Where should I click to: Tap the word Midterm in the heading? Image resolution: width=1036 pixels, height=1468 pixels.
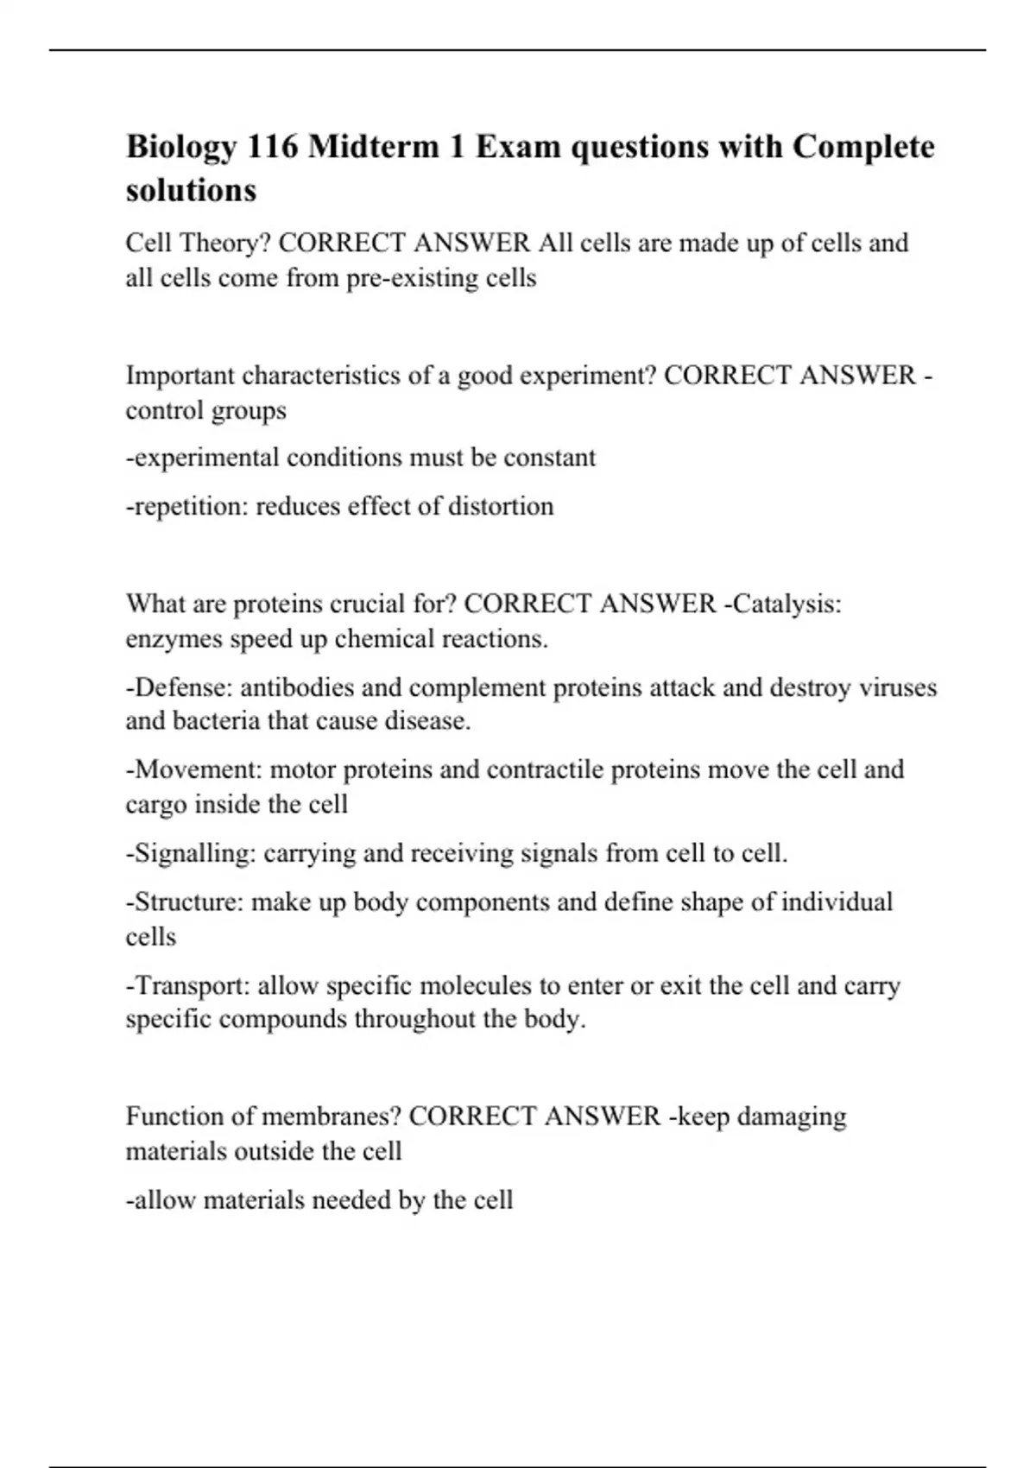373,147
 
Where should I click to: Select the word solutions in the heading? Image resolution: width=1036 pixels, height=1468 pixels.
191,190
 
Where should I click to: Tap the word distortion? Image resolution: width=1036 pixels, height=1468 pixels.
501,506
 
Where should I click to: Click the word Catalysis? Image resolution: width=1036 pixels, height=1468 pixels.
783,604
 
